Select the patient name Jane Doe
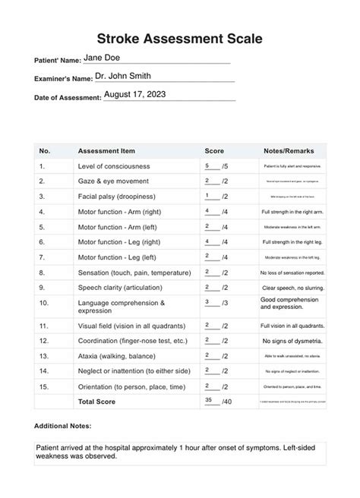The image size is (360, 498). [101, 58]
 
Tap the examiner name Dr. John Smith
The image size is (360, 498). [123, 77]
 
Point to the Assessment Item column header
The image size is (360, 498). [106, 150]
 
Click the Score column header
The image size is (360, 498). [214, 150]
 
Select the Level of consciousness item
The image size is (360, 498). [114, 165]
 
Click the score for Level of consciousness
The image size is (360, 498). [208, 165]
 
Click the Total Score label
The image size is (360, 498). [96, 402]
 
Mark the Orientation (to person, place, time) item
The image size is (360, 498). [129, 386]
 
